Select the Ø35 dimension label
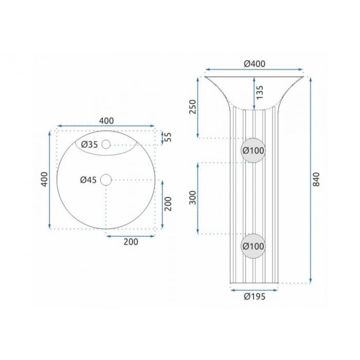point(90,145)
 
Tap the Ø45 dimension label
point(89,180)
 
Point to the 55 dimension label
point(168,137)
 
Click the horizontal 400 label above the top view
point(106,121)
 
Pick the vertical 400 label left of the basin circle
point(45,179)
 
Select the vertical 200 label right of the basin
point(168,204)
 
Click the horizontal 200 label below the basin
point(131,242)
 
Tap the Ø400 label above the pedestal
point(255,64)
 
